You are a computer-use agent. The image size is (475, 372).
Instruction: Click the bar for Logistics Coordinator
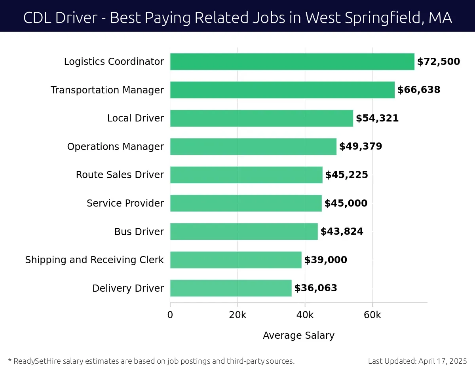pyautogui.click(x=292, y=62)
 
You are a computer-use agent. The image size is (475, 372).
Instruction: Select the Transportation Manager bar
pyautogui.click(x=282, y=90)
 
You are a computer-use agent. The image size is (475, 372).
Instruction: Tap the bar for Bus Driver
pyautogui.click(x=244, y=232)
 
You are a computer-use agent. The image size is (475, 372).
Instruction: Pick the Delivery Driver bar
pyautogui.click(x=231, y=288)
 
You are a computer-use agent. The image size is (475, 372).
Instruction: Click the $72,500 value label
pyautogui.click(x=439, y=62)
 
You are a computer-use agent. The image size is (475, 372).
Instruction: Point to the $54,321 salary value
pyautogui.click(x=377, y=118)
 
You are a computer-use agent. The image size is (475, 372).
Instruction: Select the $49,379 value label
pyautogui.click(x=361, y=146)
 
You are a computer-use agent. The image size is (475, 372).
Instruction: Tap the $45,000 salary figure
pyautogui.click(x=346, y=203)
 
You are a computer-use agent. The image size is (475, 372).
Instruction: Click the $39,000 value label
pyautogui.click(x=325, y=260)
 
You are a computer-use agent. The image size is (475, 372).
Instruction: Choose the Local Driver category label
pyautogui.click(x=135, y=118)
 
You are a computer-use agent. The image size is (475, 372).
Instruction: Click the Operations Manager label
pyautogui.click(x=115, y=147)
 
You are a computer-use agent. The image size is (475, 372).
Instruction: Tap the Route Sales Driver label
pyautogui.click(x=120, y=175)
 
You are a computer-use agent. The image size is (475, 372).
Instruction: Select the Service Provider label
pyautogui.click(x=125, y=203)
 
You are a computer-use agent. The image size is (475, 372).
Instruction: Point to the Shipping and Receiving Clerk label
pyautogui.click(x=94, y=260)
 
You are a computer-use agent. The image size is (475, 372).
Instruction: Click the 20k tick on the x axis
pyautogui.click(x=237, y=315)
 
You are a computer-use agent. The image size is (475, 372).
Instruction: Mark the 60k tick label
pyautogui.click(x=372, y=315)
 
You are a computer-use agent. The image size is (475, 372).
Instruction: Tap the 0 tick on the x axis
pyautogui.click(x=170, y=315)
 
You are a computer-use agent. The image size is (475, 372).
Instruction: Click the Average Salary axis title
pyautogui.click(x=298, y=336)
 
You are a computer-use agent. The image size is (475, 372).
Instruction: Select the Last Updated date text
pyautogui.click(x=417, y=361)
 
